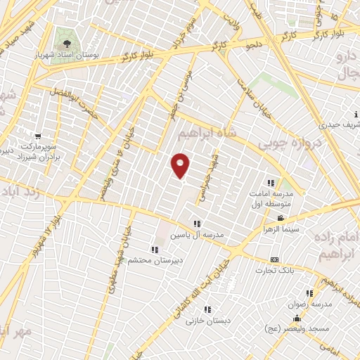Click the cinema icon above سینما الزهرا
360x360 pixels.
click(281, 219)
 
